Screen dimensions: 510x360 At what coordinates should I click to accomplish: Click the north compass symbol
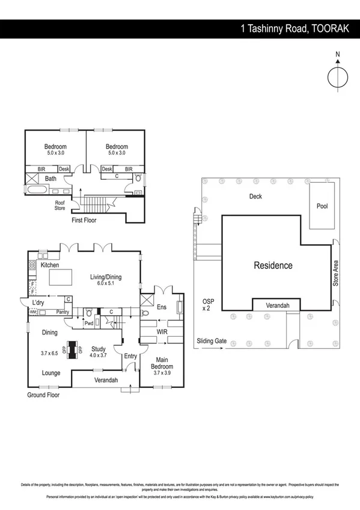coord(338,77)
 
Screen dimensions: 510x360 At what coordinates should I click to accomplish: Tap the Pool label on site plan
coord(322,206)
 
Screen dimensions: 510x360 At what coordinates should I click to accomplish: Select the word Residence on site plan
coord(273,265)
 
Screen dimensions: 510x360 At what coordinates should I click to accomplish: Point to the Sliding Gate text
coord(212,341)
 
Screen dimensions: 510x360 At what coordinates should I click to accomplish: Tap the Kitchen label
coord(50,265)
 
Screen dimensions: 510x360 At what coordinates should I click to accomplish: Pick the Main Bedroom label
coord(162,363)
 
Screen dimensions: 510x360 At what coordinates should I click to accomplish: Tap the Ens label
coord(161,307)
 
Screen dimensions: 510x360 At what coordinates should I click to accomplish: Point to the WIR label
coord(161,331)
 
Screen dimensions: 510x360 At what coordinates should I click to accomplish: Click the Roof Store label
coord(60,206)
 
